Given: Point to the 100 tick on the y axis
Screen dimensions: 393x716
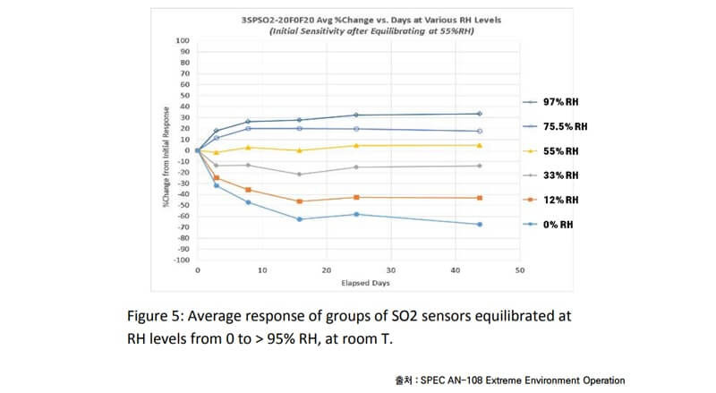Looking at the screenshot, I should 183,40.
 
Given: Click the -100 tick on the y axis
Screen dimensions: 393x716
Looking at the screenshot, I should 182,260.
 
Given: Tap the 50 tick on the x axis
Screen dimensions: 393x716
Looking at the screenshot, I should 519,269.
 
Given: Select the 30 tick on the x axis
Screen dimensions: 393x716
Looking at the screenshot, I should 390,269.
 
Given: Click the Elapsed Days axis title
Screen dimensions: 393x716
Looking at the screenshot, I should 358,283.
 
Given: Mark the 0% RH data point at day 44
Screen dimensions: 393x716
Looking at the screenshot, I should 480,224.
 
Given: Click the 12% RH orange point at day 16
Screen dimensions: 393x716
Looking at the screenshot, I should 300,201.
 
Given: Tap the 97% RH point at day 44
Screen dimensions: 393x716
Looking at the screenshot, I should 480,114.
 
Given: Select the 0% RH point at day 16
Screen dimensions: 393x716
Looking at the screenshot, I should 300,219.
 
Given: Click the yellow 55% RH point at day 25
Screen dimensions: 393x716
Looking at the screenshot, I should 356,146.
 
